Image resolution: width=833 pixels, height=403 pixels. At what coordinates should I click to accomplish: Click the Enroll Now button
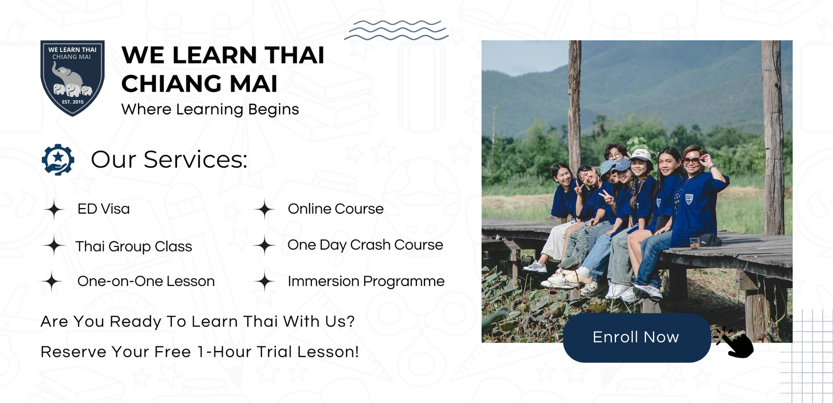tap(637, 337)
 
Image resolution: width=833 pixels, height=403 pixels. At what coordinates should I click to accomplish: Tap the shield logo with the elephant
tap(72, 78)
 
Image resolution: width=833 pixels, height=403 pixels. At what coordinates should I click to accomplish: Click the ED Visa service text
tap(104, 209)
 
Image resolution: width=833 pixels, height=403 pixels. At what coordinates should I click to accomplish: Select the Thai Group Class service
tap(133, 246)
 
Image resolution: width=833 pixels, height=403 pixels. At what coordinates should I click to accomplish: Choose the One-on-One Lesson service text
tap(146, 281)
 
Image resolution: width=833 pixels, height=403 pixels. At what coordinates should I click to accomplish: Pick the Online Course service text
tap(335, 209)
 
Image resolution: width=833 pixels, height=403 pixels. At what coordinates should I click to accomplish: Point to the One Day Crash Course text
tap(365, 245)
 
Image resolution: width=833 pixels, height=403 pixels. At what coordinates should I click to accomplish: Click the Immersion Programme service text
tap(366, 281)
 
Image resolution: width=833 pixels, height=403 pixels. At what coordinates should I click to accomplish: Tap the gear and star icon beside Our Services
tap(58, 160)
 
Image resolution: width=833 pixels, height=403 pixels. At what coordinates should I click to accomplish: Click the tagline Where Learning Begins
tap(210, 109)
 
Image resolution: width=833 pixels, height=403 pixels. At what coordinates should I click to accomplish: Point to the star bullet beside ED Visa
tap(54, 210)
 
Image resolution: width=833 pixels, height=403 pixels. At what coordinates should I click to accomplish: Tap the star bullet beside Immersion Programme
tap(264, 281)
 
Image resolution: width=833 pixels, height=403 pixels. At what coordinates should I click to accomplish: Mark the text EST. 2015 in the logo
tap(73, 102)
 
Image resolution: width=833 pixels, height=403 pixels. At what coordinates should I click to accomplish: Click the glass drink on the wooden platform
tap(695, 242)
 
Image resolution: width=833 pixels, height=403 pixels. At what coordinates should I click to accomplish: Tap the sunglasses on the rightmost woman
tap(691, 161)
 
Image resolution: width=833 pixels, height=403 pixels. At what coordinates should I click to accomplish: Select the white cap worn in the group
tap(640, 154)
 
